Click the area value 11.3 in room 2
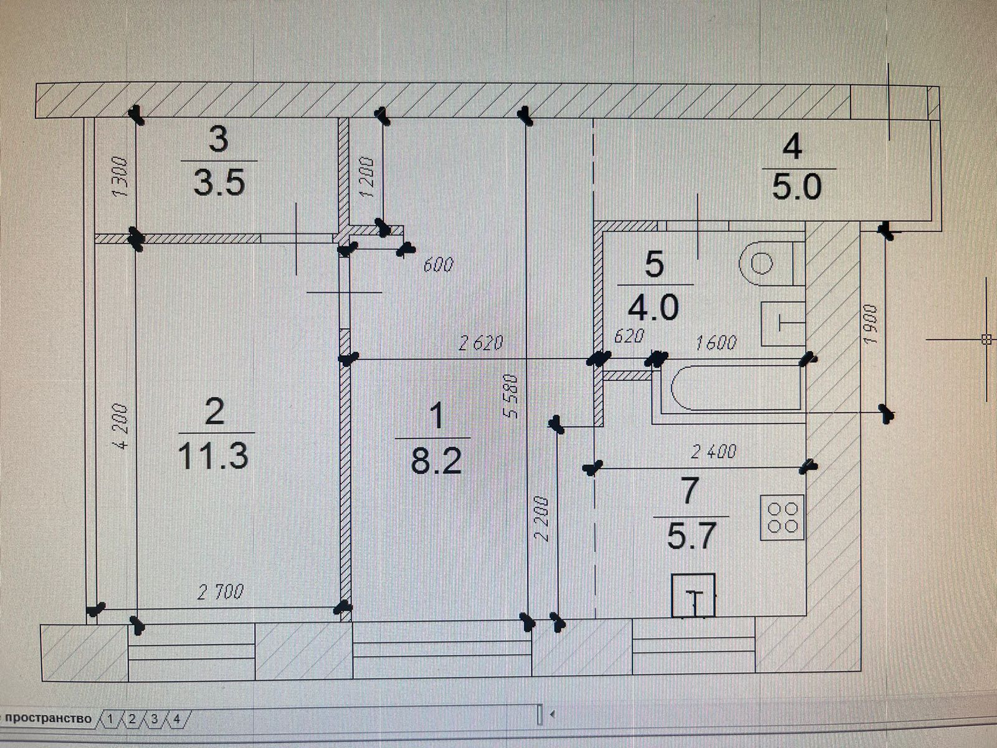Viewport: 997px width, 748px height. (213, 456)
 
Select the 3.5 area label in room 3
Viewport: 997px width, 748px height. (219, 183)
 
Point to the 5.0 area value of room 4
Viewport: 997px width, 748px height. (797, 187)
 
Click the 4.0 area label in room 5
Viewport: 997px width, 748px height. (653, 308)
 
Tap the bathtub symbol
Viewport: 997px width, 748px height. (735, 389)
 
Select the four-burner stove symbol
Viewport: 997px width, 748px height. (783, 517)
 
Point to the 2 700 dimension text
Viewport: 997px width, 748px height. (221, 592)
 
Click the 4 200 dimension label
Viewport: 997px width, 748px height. (121, 427)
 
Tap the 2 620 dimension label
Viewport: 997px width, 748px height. (480, 343)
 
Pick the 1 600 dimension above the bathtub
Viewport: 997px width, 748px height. (715, 342)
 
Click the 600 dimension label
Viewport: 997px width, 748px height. (439, 265)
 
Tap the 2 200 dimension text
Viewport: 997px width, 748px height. (543, 519)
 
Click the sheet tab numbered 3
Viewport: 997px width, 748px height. (155, 719)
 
